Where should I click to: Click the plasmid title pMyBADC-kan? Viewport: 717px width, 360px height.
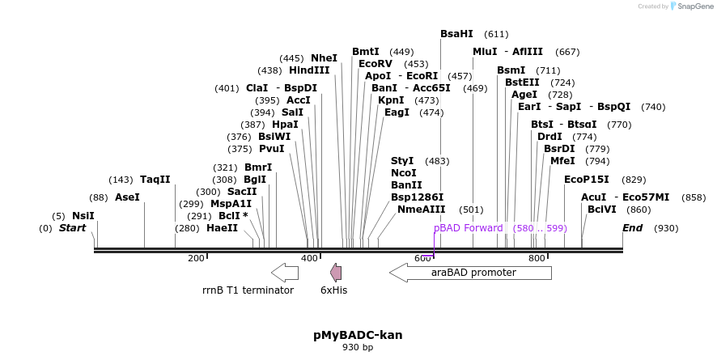(358, 335)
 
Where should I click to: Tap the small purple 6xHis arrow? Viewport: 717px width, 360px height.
(335, 273)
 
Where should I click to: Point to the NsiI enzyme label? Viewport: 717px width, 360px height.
(83, 216)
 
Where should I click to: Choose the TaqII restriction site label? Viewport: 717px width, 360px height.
(155, 180)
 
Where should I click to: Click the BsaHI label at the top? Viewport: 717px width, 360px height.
(456, 34)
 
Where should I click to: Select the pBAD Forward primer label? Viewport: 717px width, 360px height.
(468, 228)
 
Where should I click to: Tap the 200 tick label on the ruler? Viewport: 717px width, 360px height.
(196, 258)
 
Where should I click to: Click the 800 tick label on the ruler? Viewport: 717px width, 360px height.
(537, 258)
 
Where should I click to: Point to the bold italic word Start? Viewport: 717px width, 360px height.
(72, 228)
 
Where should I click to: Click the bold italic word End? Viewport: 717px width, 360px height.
(632, 228)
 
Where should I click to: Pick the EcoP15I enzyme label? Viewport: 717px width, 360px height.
(587, 180)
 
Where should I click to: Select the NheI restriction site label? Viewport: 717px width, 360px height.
(324, 58)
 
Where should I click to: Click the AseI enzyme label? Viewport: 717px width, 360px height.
(127, 197)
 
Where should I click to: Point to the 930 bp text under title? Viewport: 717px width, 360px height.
(358, 348)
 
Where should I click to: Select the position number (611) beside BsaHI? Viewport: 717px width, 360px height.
(496, 35)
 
